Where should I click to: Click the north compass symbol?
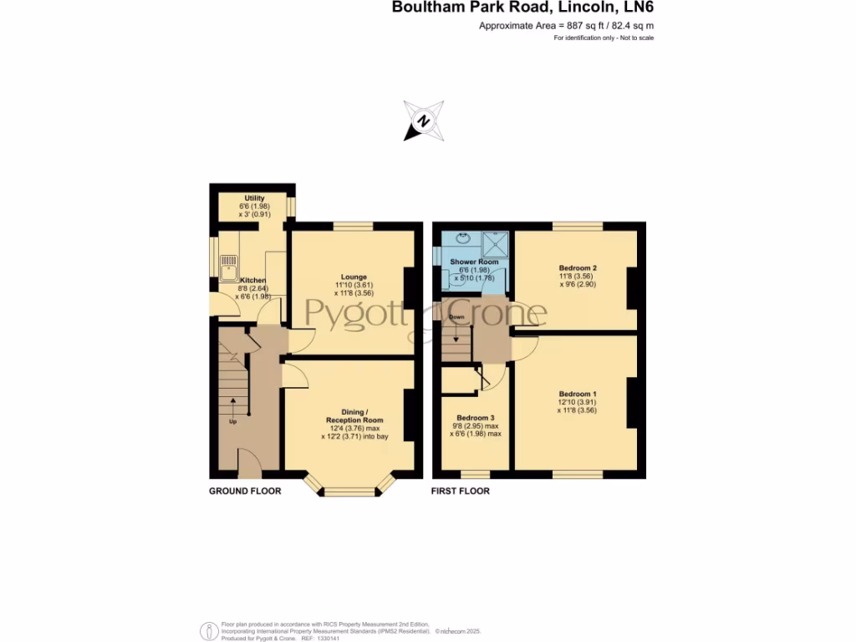coord(424,121)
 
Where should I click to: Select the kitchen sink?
coord(228,267)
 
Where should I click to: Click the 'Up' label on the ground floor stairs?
coord(233,421)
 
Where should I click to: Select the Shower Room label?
coord(474,262)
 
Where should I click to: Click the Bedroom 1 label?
coord(578,394)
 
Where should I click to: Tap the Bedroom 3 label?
coord(476,417)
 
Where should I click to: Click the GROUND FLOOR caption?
coord(245,492)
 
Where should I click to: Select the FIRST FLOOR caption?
coord(461,492)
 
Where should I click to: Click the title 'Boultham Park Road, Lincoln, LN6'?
coord(523,8)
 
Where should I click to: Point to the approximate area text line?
coord(566,26)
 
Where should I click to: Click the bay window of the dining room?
coord(350,491)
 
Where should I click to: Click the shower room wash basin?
coord(464,239)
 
